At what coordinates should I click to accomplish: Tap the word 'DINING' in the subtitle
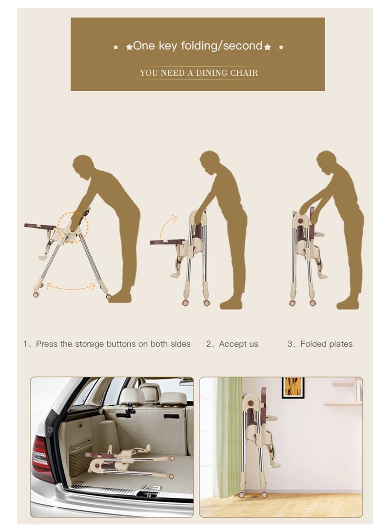pyautogui.click(x=212, y=73)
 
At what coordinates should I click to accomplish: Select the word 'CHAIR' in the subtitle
pyautogui.click(x=244, y=73)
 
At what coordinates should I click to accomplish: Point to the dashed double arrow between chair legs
pyautogui.click(x=71, y=287)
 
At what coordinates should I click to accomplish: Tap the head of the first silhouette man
pyautogui.click(x=83, y=167)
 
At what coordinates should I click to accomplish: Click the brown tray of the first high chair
pyautogui.click(x=40, y=226)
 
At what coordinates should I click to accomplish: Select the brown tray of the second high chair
pyautogui.click(x=167, y=242)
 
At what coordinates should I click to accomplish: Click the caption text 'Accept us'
pyautogui.click(x=238, y=344)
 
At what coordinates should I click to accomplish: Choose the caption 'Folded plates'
pyautogui.click(x=326, y=344)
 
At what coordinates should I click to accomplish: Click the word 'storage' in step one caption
pyautogui.click(x=90, y=344)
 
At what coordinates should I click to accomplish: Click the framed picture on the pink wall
pyautogui.click(x=293, y=388)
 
